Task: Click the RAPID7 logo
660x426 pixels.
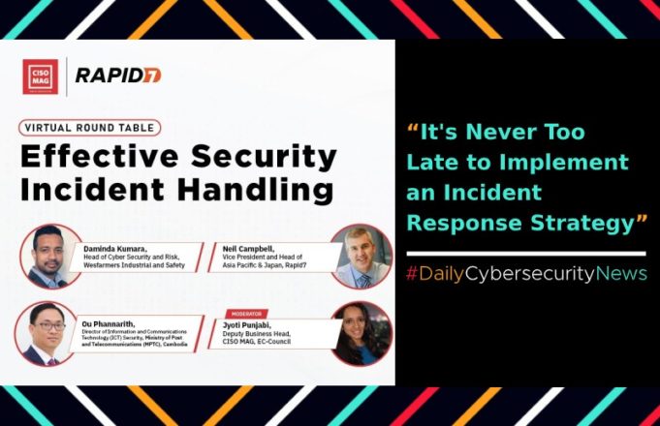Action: pos(117,76)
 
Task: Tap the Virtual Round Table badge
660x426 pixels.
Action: pos(88,127)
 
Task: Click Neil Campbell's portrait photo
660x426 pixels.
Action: pos(361,256)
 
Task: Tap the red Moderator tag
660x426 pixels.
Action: pos(247,314)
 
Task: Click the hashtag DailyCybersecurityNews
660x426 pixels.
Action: pos(525,274)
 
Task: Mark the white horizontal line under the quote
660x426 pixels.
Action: pos(525,252)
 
